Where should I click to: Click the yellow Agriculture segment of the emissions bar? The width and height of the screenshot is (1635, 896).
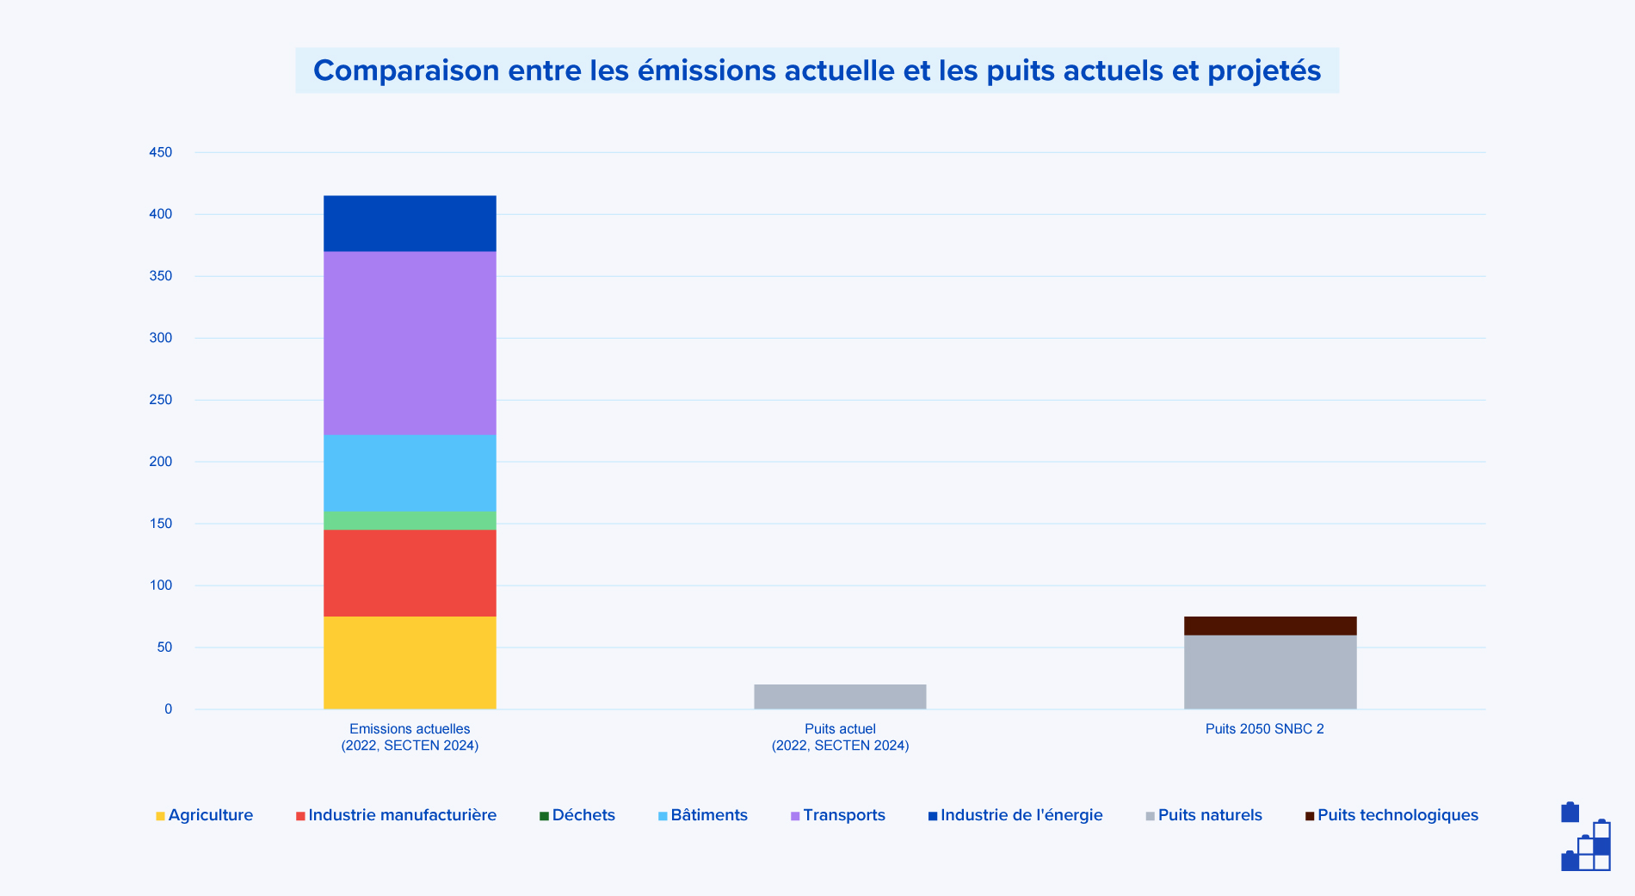[410, 662]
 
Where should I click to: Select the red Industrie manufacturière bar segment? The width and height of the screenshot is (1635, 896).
[410, 573]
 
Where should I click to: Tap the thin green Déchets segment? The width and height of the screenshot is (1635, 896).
[410, 520]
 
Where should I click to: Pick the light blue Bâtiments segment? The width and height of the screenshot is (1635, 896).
[410, 473]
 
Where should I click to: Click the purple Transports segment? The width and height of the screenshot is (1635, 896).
[410, 342]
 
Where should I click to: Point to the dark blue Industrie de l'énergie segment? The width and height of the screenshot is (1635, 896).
[410, 224]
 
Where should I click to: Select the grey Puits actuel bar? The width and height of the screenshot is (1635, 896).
[840, 697]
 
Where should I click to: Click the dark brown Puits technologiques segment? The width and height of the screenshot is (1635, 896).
[1270, 625]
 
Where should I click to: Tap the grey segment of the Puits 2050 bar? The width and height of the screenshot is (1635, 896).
[1270, 672]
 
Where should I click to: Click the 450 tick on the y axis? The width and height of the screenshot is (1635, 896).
[161, 152]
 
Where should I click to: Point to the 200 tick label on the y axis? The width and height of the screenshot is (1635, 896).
[161, 462]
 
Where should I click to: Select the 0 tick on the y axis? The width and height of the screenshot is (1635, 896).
[169, 709]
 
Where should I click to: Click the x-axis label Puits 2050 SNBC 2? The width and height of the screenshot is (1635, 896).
[1264, 729]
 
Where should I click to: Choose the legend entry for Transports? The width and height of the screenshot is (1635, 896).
[843, 815]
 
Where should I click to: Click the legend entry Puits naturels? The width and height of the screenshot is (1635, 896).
[1209, 815]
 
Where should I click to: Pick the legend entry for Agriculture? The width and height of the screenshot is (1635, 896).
[210, 815]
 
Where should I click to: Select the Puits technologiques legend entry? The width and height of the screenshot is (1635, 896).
[1397, 815]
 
